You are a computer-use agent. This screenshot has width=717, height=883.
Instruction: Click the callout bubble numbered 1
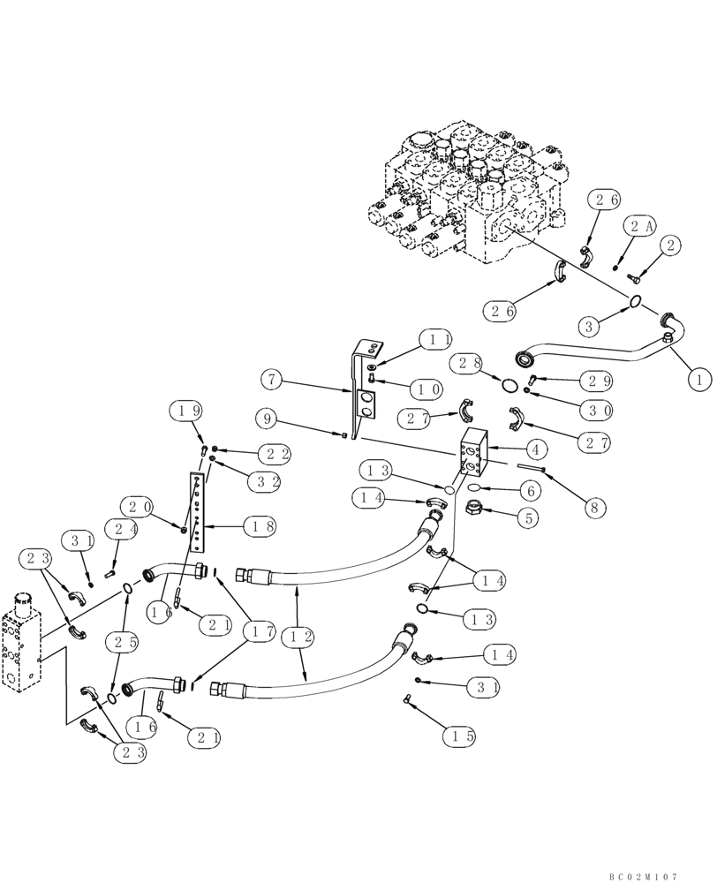pos(698,381)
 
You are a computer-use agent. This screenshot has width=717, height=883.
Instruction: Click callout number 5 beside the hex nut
pos(527,519)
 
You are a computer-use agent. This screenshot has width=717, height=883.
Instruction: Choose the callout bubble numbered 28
pos(468,363)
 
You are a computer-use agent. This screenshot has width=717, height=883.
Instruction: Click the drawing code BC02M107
pos(643,877)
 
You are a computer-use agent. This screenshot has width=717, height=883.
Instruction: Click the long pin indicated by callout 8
pos(529,468)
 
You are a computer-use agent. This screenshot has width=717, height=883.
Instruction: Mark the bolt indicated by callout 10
pos(372,379)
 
